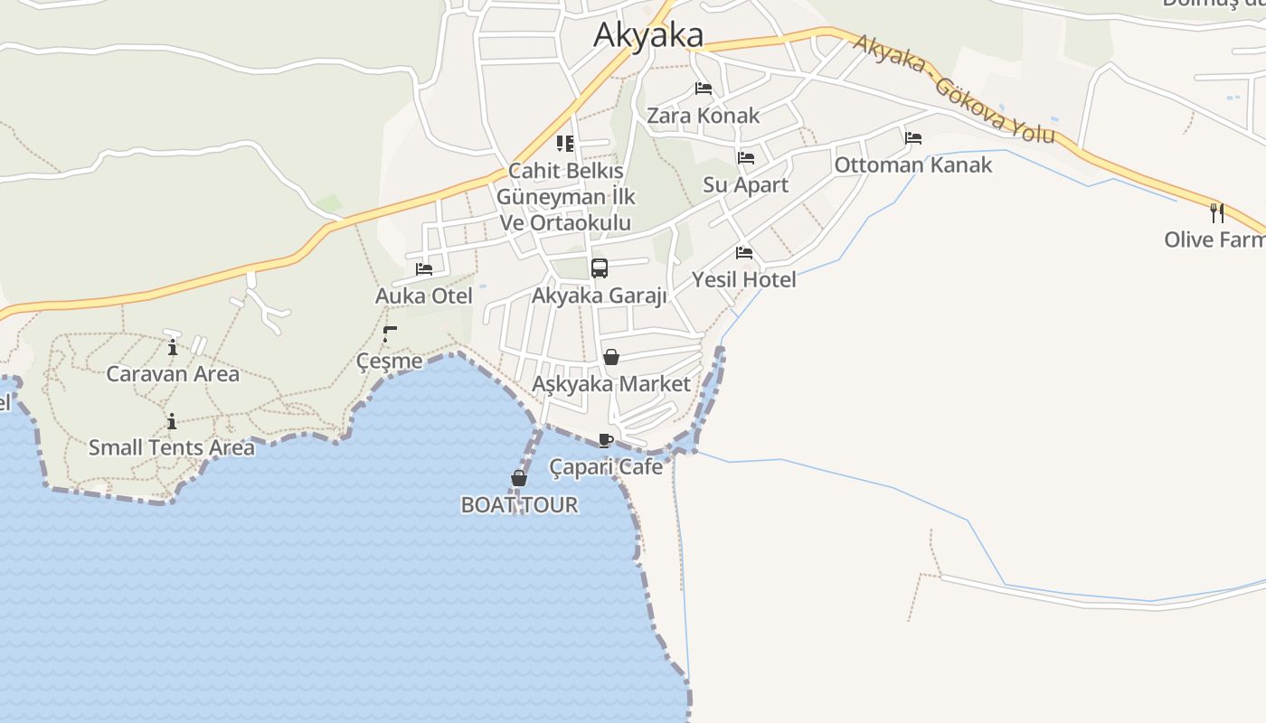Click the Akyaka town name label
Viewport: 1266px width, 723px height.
pos(647,35)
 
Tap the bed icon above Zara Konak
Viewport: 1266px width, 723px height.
pos(704,89)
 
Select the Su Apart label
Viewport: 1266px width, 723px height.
pos(746,185)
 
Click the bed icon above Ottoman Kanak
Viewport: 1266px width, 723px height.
pos(913,138)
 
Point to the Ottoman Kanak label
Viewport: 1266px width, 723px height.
pos(912,165)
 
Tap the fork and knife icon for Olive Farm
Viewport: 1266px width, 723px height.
pos(1217,213)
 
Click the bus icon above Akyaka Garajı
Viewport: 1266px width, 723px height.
pos(600,268)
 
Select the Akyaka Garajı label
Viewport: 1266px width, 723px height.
pos(599,296)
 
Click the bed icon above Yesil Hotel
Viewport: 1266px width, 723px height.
pos(744,253)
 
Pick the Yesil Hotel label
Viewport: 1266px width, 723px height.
pos(744,280)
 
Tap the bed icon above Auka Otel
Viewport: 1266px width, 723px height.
pos(424,269)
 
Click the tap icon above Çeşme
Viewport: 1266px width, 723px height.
pos(390,334)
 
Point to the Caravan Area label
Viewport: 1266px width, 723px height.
pos(173,374)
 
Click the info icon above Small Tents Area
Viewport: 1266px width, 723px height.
pos(172,421)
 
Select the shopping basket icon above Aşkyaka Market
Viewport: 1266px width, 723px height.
pos(611,357)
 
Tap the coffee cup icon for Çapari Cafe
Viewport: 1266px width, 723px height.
pos(606,441)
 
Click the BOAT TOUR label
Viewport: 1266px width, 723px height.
pos(519,505)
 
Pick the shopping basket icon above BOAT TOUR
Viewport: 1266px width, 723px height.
pos(519,478)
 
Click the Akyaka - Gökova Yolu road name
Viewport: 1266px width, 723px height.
pos(954,89)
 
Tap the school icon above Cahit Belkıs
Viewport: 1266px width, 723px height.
pos(565,144)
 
